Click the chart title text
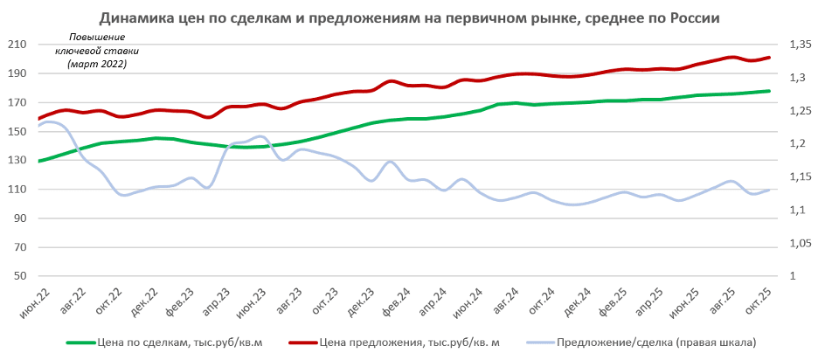point(409,17)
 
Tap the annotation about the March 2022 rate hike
point(96,52)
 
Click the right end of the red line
point(769,58)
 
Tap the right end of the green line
point(769,91)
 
